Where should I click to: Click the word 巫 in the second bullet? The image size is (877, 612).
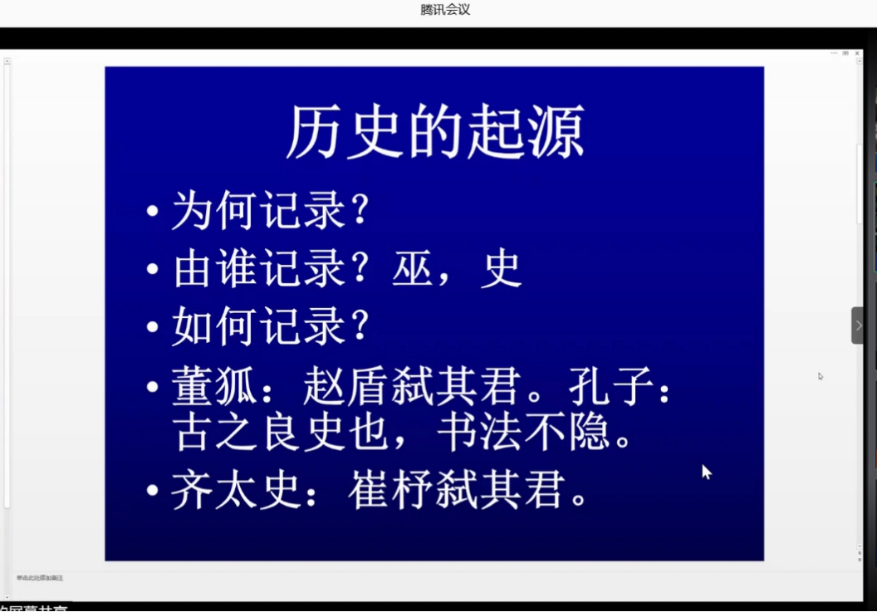pos(414,268)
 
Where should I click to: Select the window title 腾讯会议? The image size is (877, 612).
pos(445,10)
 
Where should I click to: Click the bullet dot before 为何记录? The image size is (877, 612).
pos(152,212)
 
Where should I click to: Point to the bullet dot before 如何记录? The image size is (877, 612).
pos(152,326)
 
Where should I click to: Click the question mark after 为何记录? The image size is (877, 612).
pos(360,210)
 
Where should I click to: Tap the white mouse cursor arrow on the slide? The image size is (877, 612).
pos(706,472)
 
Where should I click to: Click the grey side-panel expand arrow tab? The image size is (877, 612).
pos(858,326)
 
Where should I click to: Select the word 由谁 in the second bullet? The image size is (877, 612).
pos(216,268)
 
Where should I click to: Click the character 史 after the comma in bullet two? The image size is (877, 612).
pos(501,268)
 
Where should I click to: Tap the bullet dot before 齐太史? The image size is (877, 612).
pos(152,490)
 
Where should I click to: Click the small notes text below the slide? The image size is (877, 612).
pos(39,577)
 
